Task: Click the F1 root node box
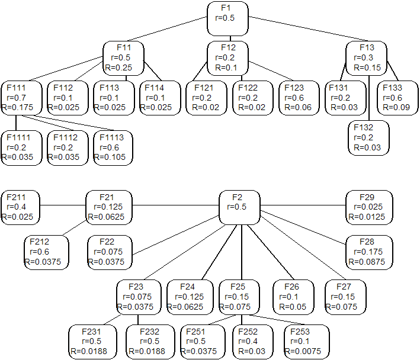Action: pos(227,18)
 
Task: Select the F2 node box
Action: pos(239,207)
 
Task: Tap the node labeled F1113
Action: pos(113,148)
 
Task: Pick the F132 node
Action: pos(368,138)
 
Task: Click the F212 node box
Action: pos(46,252)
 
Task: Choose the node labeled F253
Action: pos(307,342)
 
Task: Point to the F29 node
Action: pos(370,207)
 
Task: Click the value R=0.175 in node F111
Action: pos(17,107)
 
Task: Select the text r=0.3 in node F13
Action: pos(364,57)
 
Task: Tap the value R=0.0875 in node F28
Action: pos(367,262)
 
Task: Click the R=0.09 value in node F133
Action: pos(396,107)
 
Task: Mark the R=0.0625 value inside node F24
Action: pos(185,307)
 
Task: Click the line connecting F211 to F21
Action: pos(63,205)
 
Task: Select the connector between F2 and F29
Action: pos(303,205)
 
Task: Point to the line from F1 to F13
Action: pos(309,28)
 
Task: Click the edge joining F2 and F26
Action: pos(271,252)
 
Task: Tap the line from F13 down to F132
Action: pos(369,98)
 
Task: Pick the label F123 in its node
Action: pos(294,88)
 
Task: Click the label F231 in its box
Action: pos(91,332)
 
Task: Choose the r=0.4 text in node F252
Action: pos(248,341)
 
